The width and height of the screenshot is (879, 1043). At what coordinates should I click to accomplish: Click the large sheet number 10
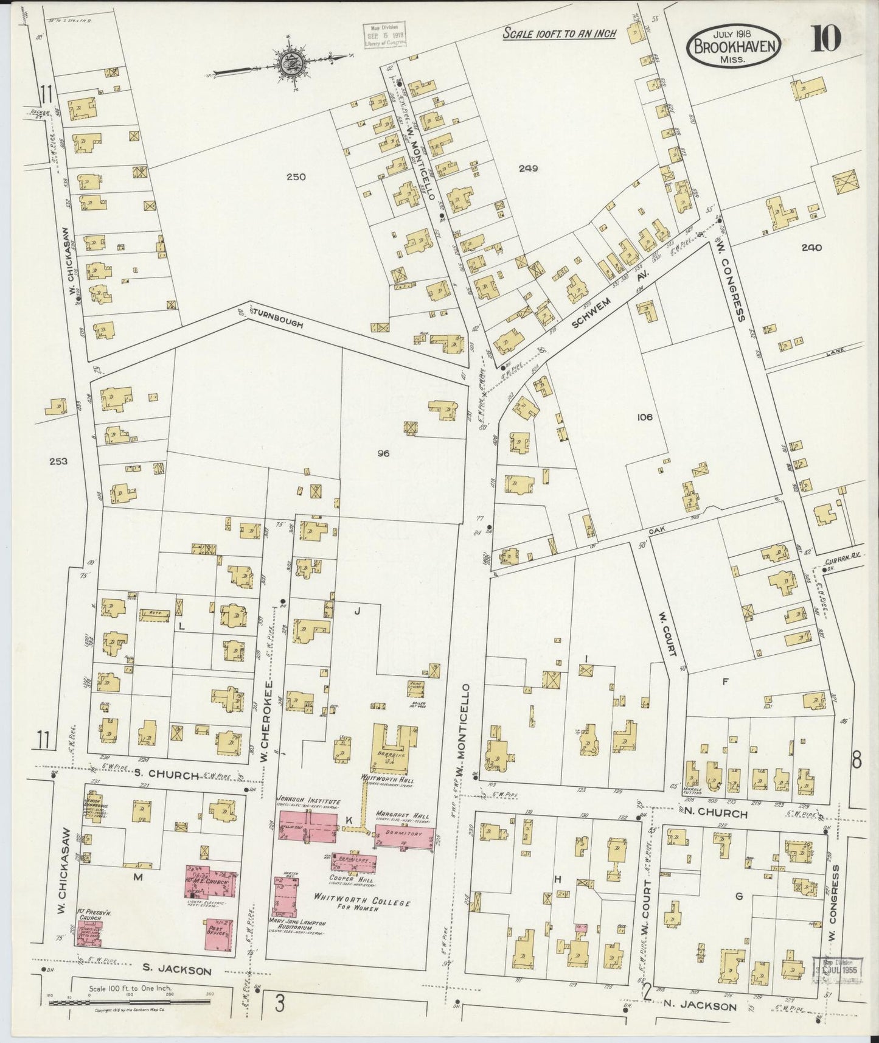pyautogui.click(x=825, y=39)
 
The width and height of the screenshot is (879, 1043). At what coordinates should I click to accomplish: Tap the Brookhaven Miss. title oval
pyautogui.click(x=734, y=45)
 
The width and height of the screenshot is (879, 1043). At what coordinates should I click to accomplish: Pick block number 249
pyautogui.click(x=528, y=169)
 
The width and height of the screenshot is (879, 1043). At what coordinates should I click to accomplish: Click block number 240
pyautogui.click(x=811, y=248)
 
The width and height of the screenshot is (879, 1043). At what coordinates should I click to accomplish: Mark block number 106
pyautogui.click(x=644, y=417)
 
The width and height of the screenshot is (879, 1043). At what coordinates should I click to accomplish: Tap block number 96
pyautogui.click(x=383, y=453)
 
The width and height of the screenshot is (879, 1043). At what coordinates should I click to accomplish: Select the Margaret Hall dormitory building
pyautogui.click(x=405, y=836)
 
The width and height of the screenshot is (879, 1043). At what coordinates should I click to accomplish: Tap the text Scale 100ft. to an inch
pyautogui.click(x=559, y=34)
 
